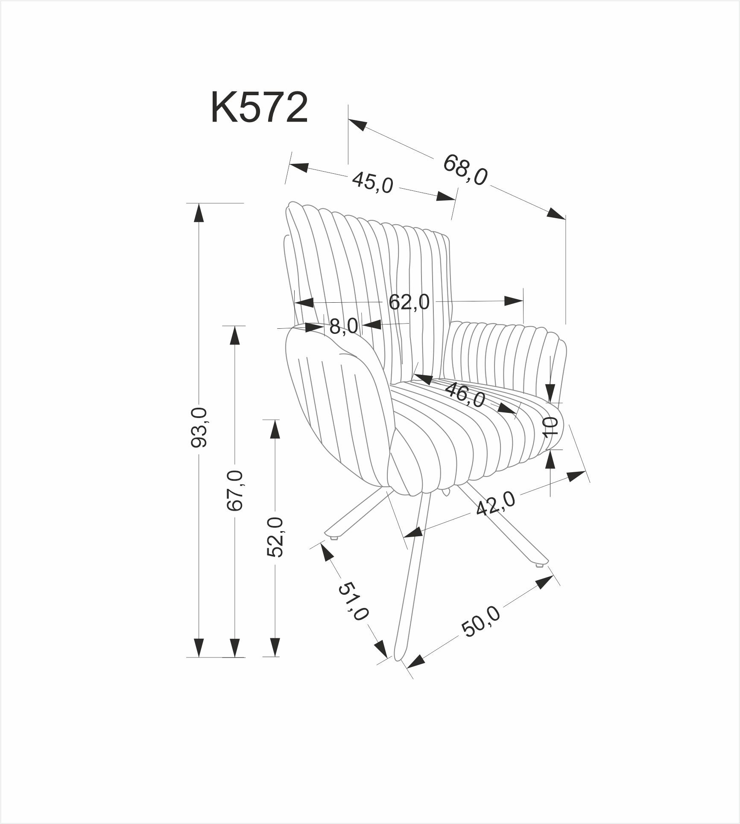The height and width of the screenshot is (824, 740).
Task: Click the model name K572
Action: coord(259,108)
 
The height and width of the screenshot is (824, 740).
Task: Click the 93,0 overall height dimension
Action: coord(199,427)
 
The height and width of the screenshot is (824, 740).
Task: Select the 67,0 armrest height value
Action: coord(235,490)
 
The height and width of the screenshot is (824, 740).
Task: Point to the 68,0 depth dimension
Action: coord(465,170)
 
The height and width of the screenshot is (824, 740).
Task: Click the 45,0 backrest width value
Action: coord(372,183)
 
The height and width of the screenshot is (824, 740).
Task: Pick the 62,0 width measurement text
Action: coord(409,302)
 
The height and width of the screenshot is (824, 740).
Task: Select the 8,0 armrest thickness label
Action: coord(344,327)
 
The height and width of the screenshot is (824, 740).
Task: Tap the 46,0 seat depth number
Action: coord(465,395)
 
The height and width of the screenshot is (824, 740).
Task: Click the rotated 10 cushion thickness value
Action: coord(551,426)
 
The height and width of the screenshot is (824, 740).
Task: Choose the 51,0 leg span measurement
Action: coord(353,602)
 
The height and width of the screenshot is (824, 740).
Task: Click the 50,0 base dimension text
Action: coord(481,622)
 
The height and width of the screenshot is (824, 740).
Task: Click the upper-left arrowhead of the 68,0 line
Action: coord(358,125)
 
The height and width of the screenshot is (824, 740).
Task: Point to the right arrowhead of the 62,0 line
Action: coord(514,301)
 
